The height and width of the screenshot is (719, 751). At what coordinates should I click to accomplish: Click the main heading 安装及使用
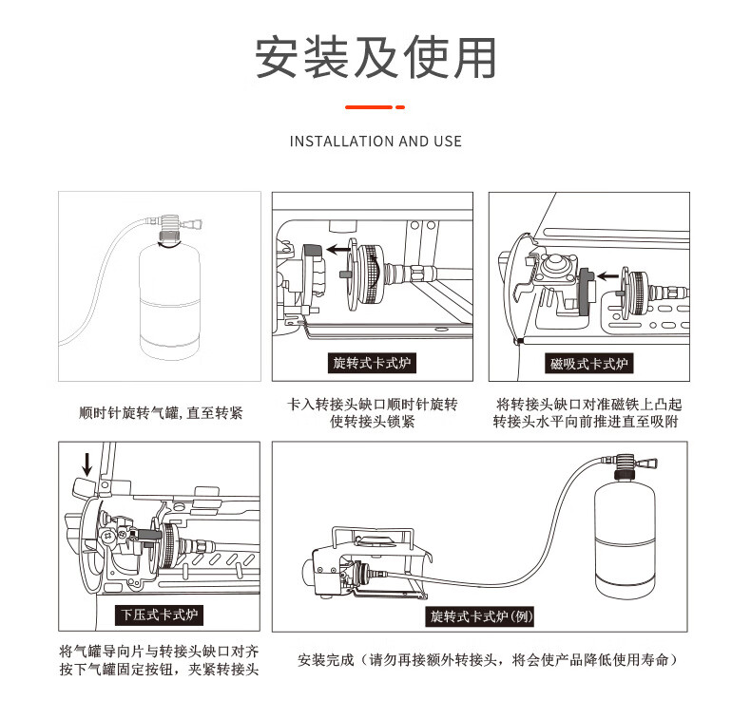(x=375, y=57)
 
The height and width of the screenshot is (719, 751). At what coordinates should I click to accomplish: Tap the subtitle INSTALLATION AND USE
(x=375, y=142)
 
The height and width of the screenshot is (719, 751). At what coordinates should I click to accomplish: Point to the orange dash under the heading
(x=375, y=106)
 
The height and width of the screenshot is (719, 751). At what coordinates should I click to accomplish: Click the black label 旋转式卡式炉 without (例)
(x=374, y=364)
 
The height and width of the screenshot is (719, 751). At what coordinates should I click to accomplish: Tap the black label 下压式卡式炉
(x=160, y=615)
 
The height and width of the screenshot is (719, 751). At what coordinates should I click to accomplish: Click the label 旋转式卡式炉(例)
(x=482, y=616)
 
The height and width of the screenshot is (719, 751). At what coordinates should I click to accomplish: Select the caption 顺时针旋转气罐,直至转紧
(x=160, y=413)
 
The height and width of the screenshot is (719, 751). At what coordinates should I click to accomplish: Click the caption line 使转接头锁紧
(x=373, y=422)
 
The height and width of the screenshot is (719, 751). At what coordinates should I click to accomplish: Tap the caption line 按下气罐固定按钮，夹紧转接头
(x=159, y=670)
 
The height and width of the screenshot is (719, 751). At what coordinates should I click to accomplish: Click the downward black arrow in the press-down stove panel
(x=87, y=464)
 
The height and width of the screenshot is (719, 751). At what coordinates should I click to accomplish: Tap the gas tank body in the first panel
(x=169, y=299)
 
